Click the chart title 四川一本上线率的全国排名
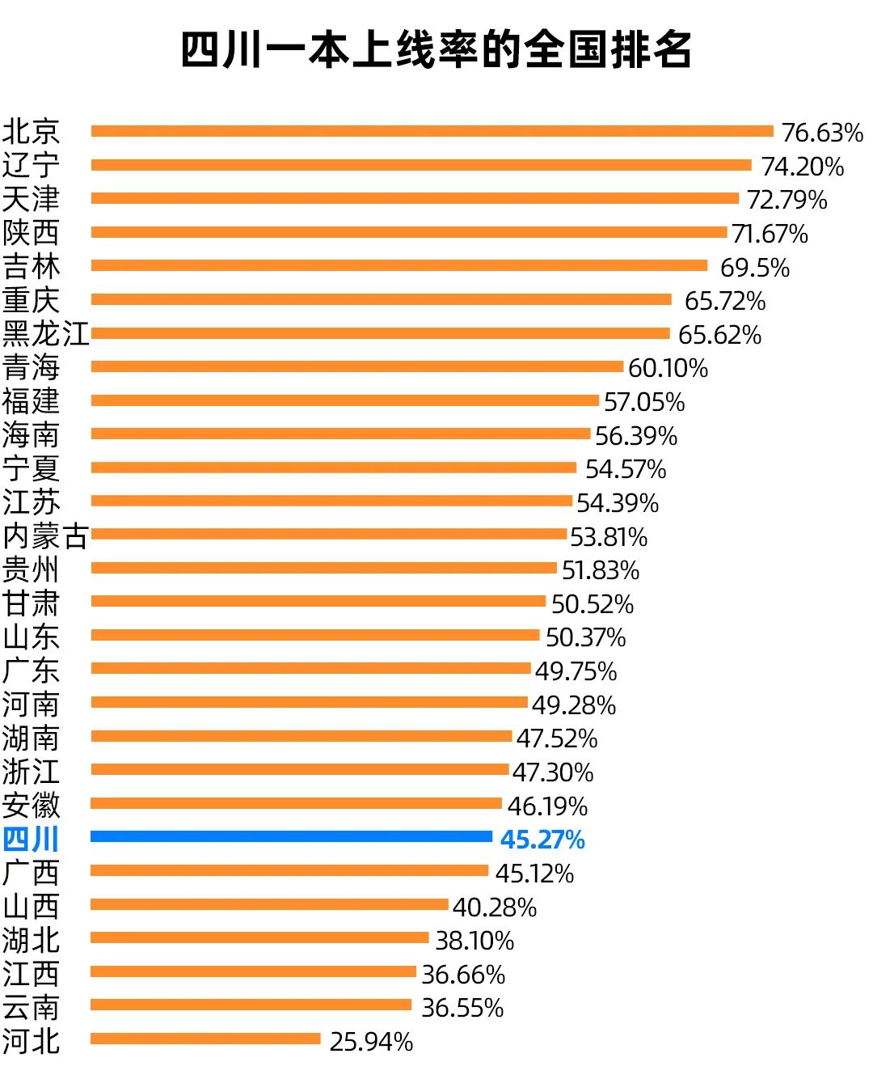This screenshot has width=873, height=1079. (x=436, y=50)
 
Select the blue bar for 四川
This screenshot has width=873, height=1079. (x=291, y=837)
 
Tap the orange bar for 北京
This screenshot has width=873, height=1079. (x=432, y=131)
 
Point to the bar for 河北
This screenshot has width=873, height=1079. (x=205, y=1039)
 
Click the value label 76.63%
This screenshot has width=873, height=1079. (x=822, y=132)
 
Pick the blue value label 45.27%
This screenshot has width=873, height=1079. (x=542, y=840)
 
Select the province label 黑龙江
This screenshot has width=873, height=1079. (x=45, y=333)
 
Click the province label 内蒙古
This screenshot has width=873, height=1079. (x=45, y=535)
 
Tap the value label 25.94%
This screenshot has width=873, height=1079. (x=371, y=1042)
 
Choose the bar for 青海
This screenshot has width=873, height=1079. (x=357, y=366)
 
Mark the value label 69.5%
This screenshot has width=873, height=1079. (x=754, y=267)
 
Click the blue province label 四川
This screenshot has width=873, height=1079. (x=31, y=840)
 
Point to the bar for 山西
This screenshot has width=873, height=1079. (x=269, y=904)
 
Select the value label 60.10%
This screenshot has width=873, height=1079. (x=668, y=368)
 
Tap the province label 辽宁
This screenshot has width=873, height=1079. (x=31, y=165)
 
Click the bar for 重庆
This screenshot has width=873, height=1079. (x=381, y=299)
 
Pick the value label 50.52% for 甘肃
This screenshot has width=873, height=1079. (x=593, y=604)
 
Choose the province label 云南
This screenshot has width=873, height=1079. (x=31, y=1008)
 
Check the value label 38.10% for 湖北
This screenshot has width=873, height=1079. (x=474, y=941)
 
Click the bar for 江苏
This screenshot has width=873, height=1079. (x=331, y=501)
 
